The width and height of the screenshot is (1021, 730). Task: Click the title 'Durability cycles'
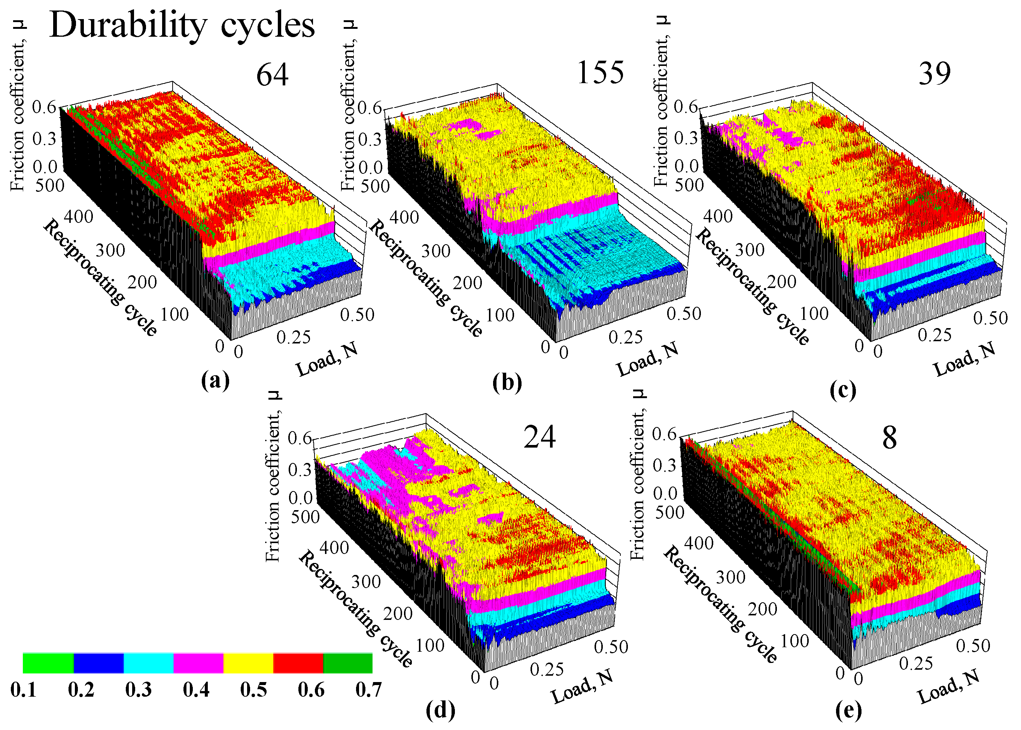coord(182,25)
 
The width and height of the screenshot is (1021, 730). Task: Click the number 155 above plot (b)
coord(600,73)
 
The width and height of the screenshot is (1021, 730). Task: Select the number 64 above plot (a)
coord(272,75)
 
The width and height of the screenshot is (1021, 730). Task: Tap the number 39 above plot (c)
coord(934,74)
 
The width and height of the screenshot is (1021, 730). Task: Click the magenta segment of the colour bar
coord(198,663)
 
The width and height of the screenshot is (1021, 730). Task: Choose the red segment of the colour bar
coord(298,663)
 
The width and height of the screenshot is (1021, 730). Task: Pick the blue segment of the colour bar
coord(98,663)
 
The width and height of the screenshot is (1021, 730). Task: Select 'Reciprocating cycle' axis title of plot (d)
coord(355,609)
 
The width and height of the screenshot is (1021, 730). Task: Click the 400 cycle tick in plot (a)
coord(78,216)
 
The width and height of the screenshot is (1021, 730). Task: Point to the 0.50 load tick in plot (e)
coord(973,646)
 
